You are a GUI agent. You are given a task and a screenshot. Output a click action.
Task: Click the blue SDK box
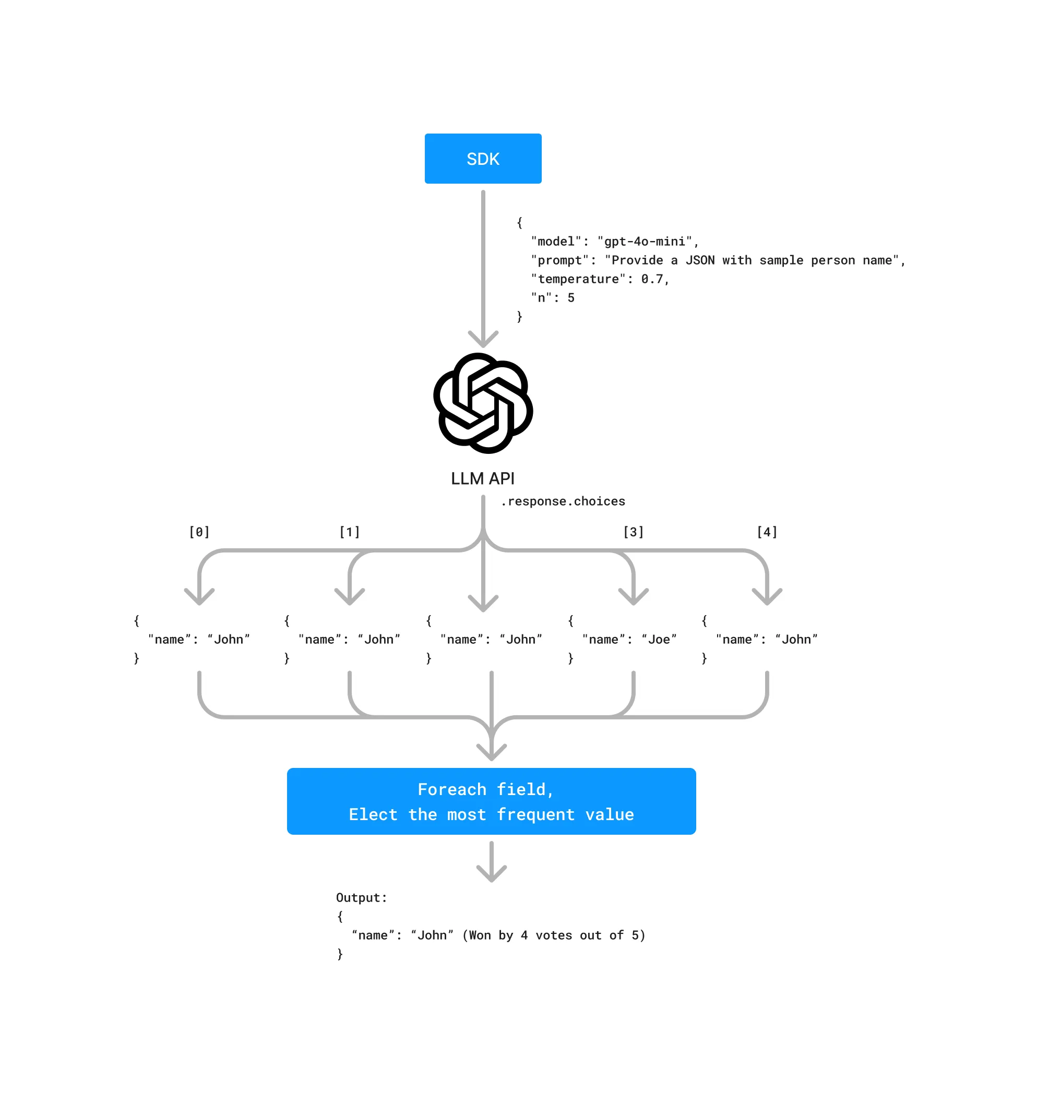[483, 159]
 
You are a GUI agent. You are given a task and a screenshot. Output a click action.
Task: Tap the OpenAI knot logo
[483, 403]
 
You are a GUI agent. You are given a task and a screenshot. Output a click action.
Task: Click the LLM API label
[483, 478]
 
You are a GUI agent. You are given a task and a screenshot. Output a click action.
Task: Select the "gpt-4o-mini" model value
[645, 242]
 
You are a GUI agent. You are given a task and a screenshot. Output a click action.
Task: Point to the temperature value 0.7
[652, 279]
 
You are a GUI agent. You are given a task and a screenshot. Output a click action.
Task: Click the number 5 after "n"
[571, 298]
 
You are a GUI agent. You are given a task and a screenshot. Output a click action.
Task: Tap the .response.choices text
[563, 501]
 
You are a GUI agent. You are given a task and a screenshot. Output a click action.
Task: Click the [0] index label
[199, 532]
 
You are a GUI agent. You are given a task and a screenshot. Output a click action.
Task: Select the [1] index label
[349, 532]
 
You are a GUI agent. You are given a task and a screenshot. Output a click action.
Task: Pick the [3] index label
[634, 532]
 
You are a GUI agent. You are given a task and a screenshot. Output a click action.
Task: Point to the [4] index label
[767, 532]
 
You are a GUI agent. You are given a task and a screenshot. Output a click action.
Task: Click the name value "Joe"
[659, 639]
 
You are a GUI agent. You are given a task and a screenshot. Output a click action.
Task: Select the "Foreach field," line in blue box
[485, 789]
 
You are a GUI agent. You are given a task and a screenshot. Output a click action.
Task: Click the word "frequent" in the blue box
[535, 814]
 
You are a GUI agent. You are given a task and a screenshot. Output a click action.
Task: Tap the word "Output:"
[362, 898]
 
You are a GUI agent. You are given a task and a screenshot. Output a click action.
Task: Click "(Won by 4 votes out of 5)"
[554, 935]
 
